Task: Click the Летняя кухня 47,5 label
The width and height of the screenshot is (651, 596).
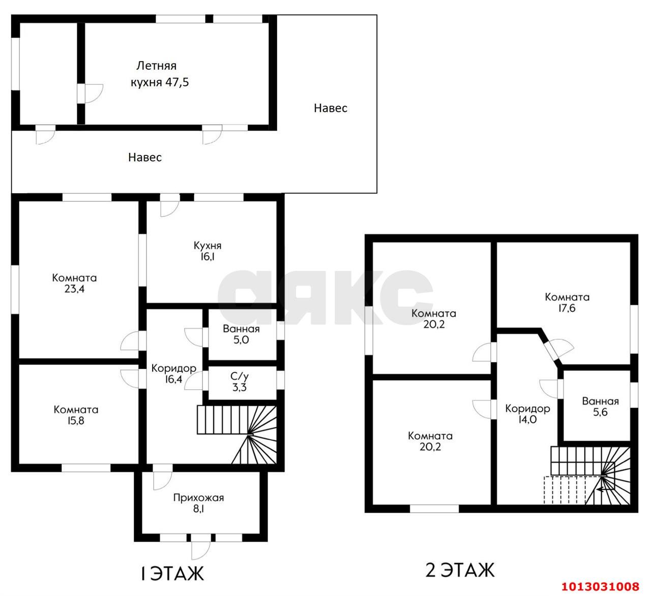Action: click(x=159, y=74)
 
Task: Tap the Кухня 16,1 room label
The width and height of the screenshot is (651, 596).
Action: click(x=208, y=251)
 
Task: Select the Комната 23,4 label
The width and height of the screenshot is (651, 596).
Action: click(x=74, y=283)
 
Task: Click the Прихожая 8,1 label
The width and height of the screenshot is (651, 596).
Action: click(x=198, y=503)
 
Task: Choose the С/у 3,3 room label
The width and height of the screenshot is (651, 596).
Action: click(x=240, y=382)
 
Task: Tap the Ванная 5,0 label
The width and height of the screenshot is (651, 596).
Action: click(x=241, y=334)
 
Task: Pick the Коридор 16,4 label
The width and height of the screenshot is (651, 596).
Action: click(x=173, y=373)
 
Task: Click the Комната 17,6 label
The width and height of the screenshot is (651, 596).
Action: click(x=567, y=302)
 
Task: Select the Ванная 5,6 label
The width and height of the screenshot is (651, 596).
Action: click(x=600, y=406)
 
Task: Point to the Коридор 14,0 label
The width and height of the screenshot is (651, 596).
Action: click(x=527, y=414)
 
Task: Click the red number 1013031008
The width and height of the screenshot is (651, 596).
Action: click(x=600, y=586)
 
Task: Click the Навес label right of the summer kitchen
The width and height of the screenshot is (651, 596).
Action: click(x=331, y=108)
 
